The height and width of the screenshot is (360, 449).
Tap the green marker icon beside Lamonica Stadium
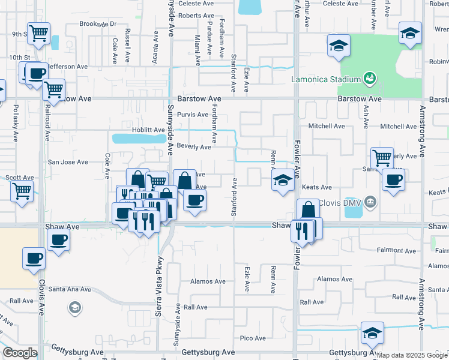click(x=370, y=79)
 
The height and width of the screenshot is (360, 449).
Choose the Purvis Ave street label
click(x=192, y=114)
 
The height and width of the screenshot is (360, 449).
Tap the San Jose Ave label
click(x=68, y=162)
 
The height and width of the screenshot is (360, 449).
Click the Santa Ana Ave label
click(x=70, y=289)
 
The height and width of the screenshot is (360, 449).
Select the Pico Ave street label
click(x=253, y=338)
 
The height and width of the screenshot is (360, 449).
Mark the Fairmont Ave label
click(x=392, y=250)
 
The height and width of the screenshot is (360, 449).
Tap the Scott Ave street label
click(x=19, y=178)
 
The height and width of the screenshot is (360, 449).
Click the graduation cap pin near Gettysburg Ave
click(x=372, y=333)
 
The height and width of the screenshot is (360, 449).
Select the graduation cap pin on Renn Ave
click(x=282, y=180)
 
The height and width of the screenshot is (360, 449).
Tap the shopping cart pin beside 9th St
click(x=38, y=34)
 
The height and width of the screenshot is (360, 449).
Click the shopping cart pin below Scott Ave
click(x=22, y=192)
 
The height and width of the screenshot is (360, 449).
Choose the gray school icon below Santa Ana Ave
click(x=74, y=308)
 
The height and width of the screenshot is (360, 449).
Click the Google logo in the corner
click(x=20, y=353)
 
